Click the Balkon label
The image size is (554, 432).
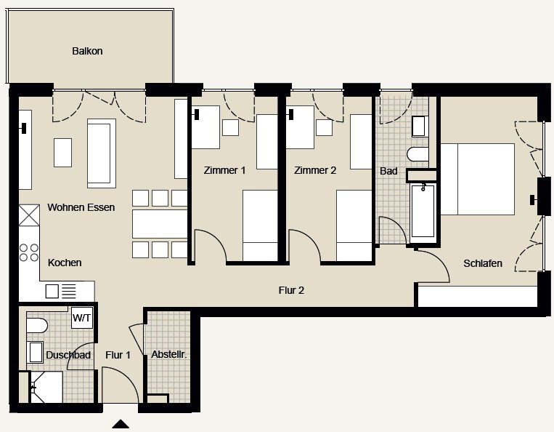click(x=87, y=51)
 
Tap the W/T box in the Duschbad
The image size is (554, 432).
click(x=82, y=317)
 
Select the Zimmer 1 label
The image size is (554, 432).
click(x=224, y=170)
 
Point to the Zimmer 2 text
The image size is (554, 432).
click(x=315, y=170)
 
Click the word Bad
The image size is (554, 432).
click(x=388, y=171)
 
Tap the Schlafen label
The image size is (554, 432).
click(x=483, y=263)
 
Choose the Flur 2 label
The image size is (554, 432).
click(x=291, y=290)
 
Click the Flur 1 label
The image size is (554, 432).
click(x=118, y=355)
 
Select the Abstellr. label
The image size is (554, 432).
click(x=169, y=354)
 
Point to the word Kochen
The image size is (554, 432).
click(x=65, y=263)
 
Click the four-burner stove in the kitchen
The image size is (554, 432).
click(x=29, y=252)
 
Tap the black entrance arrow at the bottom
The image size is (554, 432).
click(x=121, y=424)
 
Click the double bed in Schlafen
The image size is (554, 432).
click(x=477, y=179)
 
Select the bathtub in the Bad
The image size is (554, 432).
click(x=423, y=210)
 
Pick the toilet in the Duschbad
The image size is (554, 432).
click(x=37, y=325)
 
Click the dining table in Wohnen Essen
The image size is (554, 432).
click(x=160, y=224)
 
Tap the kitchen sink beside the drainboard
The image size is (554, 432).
click(x=52, y=292)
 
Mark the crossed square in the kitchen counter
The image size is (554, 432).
click(x=29, y=215)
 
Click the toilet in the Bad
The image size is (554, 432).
click(x=417, y=154)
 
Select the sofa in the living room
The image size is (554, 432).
click(x=102, y=153)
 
